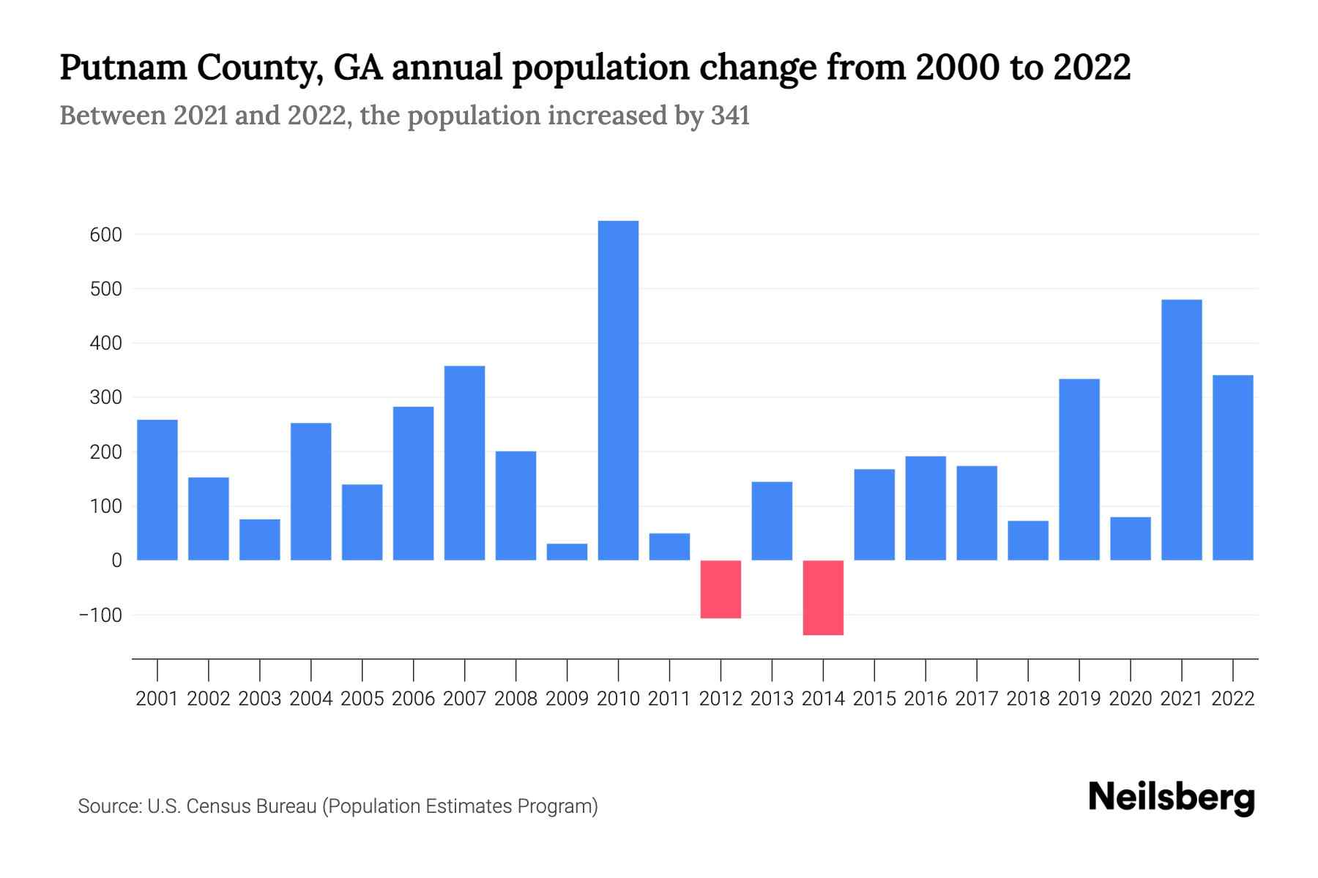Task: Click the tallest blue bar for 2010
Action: click(x=618, y=391)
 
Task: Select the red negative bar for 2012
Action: click(x=721, y=590)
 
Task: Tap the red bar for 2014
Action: click(x=823, y=598)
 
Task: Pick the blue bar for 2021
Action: click(x=1181, y=430)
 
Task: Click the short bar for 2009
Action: click(x=567, y=552)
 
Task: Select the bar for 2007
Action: click(x=464, y=463)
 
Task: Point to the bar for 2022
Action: click(x=1232, y=468)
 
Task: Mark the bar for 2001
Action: click(x=157, y=490)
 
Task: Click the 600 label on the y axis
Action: click(x=106, y=235)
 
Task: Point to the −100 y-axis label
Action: click(x=100, y=615)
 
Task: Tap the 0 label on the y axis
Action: click(x=116, y=560)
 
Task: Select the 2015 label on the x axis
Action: click(x=874, y=699)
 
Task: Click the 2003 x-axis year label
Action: click(x=260, y=699)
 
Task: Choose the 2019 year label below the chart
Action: click(x=1079, y=699)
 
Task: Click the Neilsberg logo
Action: click(x=1172, y=798)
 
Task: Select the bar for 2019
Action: click(x=1079, y=470)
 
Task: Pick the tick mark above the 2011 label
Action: click(x=669, y=669)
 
